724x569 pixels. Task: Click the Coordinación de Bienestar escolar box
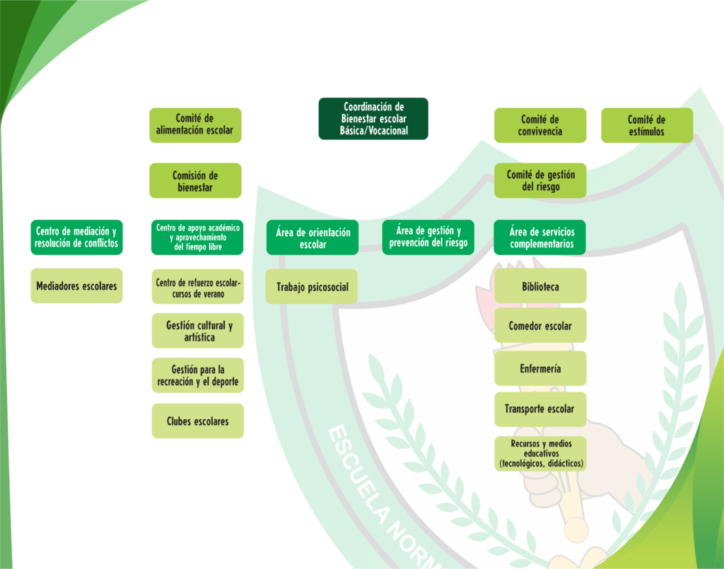pyautogui.click(x=373, y=119)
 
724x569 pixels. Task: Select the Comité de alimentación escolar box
pyautogui.click(x=195, y=125)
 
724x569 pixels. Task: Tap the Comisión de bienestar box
pyautogui.click(x=195, y=181)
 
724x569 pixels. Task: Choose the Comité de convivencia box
pyautogui.click(x=540, y=125)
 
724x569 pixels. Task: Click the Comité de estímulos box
pyautogui.click(x=647, y=125)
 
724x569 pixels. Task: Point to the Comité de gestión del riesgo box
pyautogui.click(x=540, y=180)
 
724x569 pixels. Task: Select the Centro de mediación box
pyautogui.click(x=76, y=237)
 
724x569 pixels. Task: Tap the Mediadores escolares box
pyautogui.click(x=76, y=286)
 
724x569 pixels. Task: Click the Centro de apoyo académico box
pyautogui.click(x=198, y=237)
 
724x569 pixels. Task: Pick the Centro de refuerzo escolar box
pyautogui.click(x=198, y=288)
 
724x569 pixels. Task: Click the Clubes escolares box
pyautogui.click(x=198, y=421)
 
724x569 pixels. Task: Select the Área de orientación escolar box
pyautogui.click(x=313, y=238)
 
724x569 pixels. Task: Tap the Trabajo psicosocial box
pyautogui.click(x=312, y=287)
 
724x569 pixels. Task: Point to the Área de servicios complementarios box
pyautogui.click(x=542, y=238)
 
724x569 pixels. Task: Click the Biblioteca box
pyautogui.click(x=540, y=286)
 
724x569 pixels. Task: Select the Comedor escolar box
pyautogui.click(x=540, y=326)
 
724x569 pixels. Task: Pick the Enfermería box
pyautogui.click(x=540, y=368)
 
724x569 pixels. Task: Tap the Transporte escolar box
pyautogui.click(x=539, y=409)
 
